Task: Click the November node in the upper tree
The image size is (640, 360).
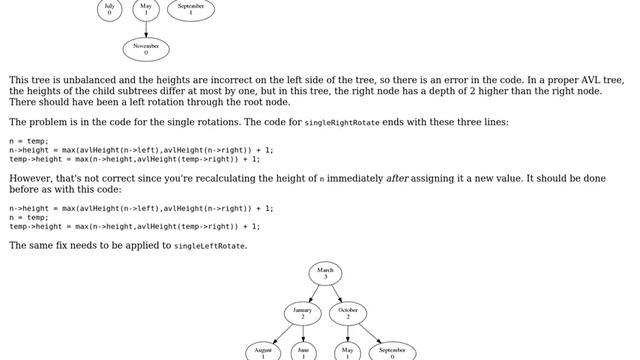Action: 146,48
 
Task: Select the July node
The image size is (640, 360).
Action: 109,9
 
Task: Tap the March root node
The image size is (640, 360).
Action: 326,273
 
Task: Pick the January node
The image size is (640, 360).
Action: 302,312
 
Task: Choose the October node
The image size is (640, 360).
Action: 349,312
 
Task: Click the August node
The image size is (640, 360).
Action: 263,351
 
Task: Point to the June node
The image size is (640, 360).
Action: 303,351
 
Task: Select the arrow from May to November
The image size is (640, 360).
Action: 146,28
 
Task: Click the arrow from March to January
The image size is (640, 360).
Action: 314,292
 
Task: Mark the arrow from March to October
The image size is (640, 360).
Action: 338,292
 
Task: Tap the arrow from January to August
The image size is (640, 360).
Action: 281,332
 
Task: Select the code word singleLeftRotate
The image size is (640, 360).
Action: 209,246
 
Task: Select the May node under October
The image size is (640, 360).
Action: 349,351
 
